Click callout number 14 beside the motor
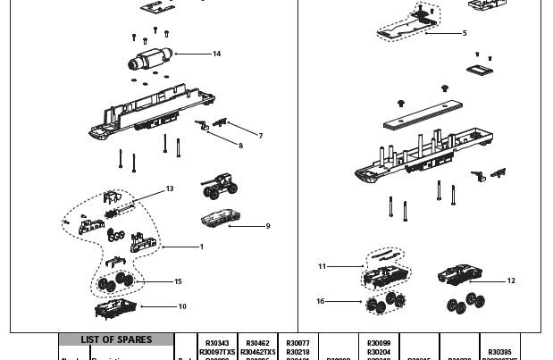point(216,54)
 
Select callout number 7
point(261,137)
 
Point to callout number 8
point(239,146)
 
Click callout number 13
point(170,189)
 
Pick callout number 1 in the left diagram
point(202,247)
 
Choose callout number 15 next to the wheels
point(178,281)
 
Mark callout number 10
point(182,306)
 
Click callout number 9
point(267,226)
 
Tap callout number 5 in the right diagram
point(465,33)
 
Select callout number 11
point(323,266)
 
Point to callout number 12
point(511,280)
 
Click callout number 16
point(321,301)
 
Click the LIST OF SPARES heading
point(116,340)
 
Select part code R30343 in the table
point(217,343)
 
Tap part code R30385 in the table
point(500,352)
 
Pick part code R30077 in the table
point(297,343)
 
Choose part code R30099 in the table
point(379,343)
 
